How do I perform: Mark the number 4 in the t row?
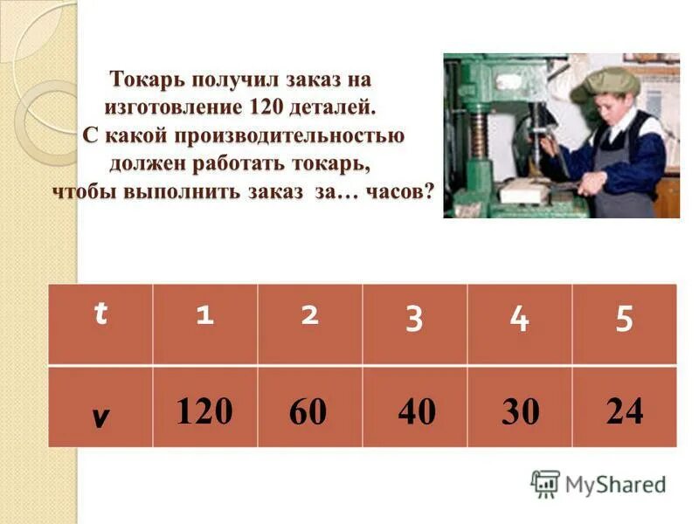tap(520, 320)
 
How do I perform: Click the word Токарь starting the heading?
tap(148, 79)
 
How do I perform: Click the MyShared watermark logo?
tap(599, 483)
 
